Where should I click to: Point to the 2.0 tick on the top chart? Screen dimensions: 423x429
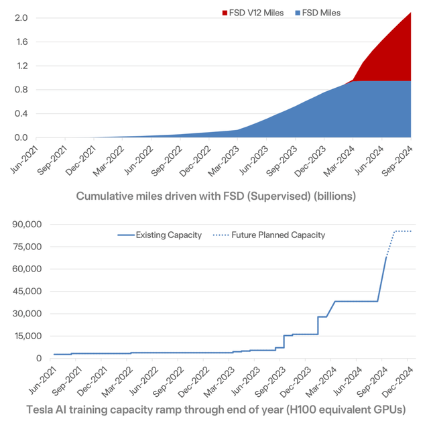click(19, 17)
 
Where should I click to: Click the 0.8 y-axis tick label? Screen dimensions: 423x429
click(19, 90)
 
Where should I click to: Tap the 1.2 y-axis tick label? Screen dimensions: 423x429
click(19, 66)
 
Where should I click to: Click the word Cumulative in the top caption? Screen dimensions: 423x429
click(105, 196)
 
